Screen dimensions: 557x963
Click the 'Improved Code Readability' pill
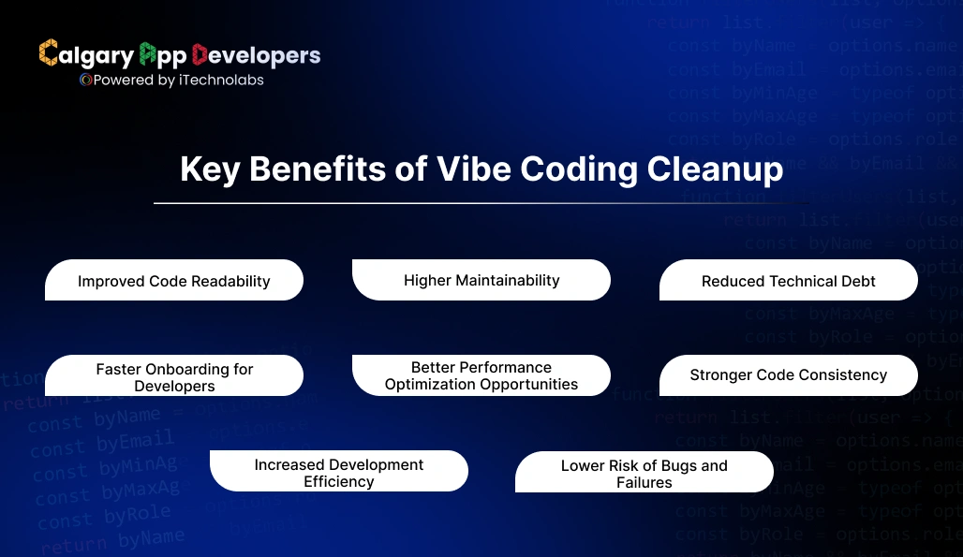174,281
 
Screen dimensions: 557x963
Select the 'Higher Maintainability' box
481,280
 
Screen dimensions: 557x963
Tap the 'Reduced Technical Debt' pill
789,281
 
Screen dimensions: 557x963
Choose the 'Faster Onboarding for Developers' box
174,376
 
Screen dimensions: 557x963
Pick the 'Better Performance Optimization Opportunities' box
481,375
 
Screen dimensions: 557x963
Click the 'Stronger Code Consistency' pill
789,375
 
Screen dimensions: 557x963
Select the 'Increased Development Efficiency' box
339,472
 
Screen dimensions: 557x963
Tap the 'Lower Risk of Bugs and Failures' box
644,473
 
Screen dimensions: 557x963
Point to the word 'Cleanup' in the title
716,169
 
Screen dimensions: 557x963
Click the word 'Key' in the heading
210,169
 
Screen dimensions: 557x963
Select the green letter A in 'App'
147,54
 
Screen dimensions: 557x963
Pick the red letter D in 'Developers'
200,54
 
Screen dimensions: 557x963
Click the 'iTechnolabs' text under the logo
220,81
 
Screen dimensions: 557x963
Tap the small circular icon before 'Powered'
85,81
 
